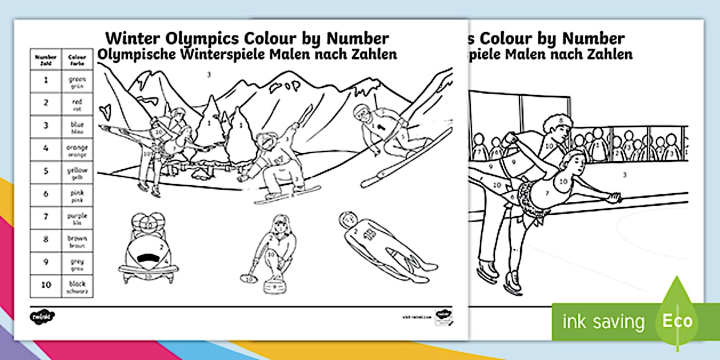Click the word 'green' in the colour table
(x=77, y=79)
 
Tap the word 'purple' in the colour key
(x=77, y=216)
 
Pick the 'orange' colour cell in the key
(x=77, y=150)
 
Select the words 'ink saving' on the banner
(x=603, y=322)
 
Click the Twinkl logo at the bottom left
(x=38, y=315)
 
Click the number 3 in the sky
(x=209, y=74)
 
